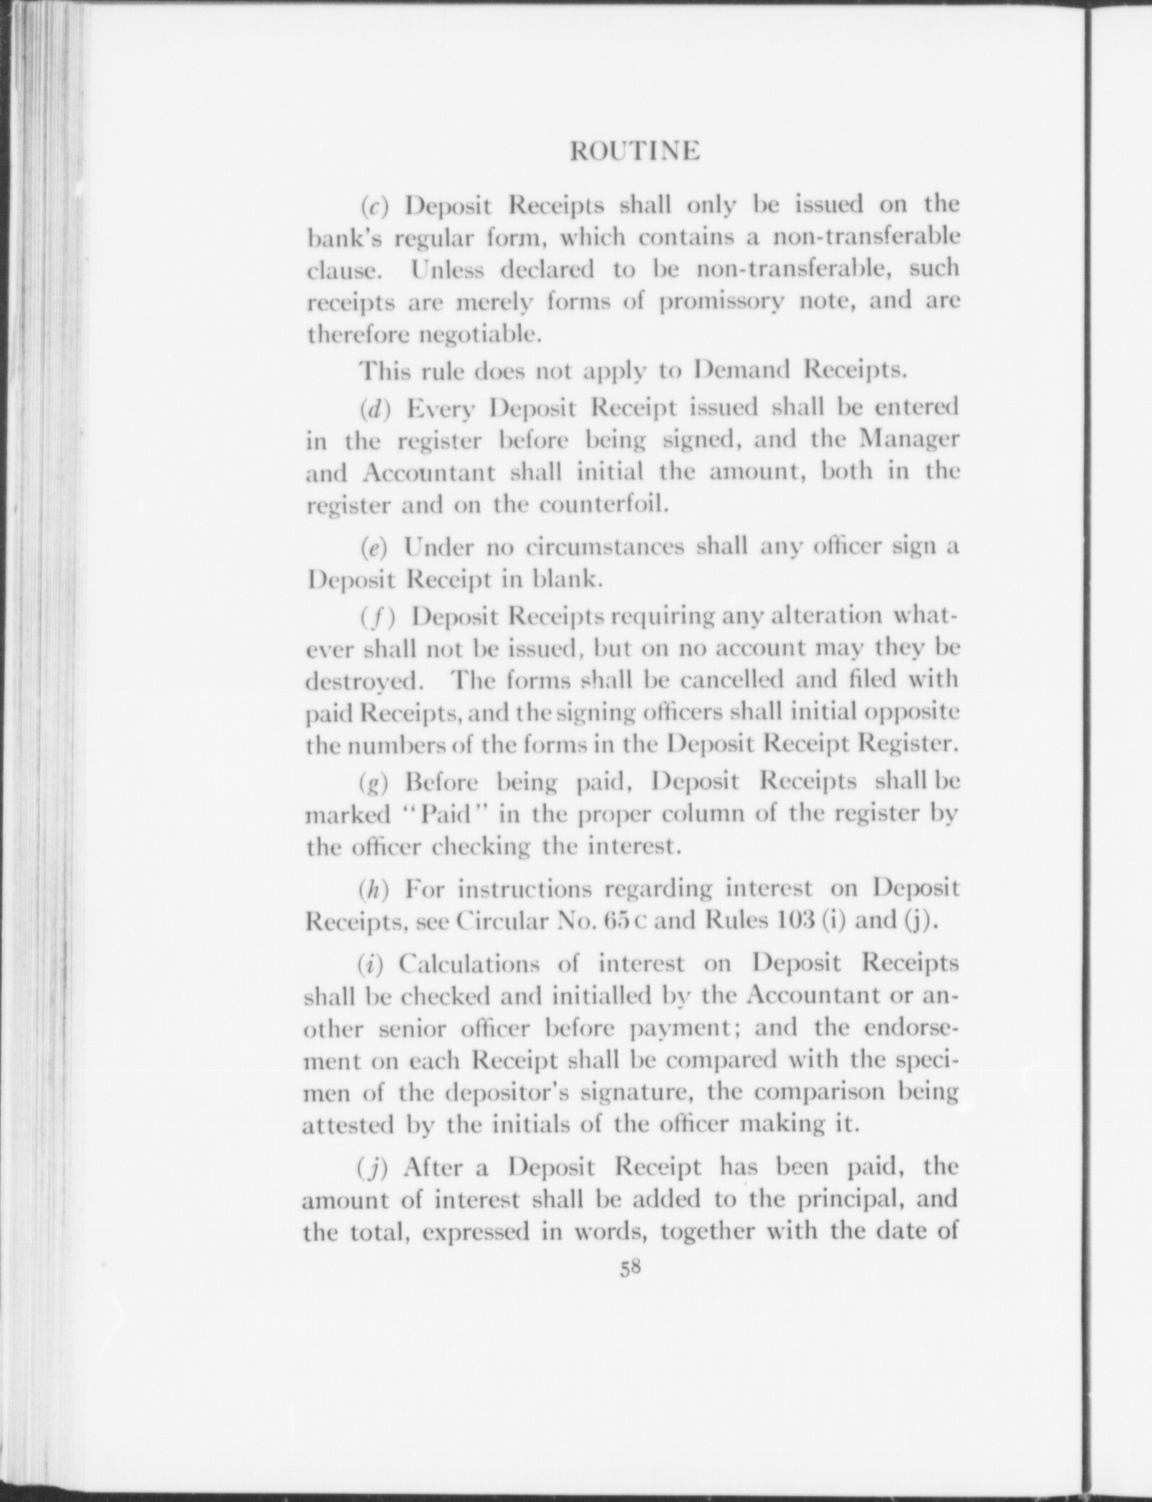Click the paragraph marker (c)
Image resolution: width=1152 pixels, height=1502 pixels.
(374, 206)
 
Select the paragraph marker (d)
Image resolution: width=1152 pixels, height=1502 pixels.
(374, 408)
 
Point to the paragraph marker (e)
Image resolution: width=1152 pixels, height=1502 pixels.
(374, 549)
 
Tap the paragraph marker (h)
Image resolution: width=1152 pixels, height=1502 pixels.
(374, 890)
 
